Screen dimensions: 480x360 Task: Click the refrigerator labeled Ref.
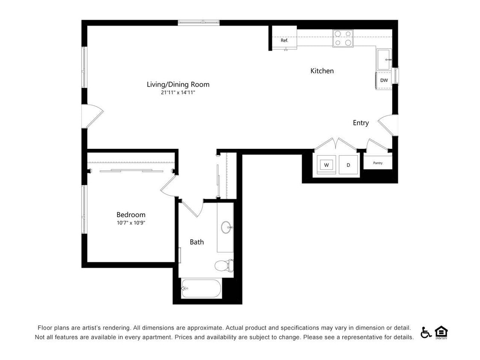285,38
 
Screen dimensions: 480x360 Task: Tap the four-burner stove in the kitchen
343,38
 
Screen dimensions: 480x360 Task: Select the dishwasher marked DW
384,81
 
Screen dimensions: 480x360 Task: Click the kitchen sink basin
384,59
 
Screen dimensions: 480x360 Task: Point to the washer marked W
326,165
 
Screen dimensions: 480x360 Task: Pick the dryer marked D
348,165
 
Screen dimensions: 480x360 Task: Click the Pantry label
378,163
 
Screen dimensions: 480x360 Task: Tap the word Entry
361,123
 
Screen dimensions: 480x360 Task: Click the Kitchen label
322,71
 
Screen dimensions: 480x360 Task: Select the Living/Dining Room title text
178,84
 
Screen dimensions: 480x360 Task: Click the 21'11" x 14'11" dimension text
178,93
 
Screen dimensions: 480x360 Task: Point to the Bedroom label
131,215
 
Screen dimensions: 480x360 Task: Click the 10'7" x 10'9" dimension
131,223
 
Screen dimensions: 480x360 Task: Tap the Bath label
197,242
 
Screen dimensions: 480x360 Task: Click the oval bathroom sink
227,227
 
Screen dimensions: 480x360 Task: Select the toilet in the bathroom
224,265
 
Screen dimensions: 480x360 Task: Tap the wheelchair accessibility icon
425,332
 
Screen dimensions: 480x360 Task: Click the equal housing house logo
441,332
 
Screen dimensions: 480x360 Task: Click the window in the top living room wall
199,22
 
